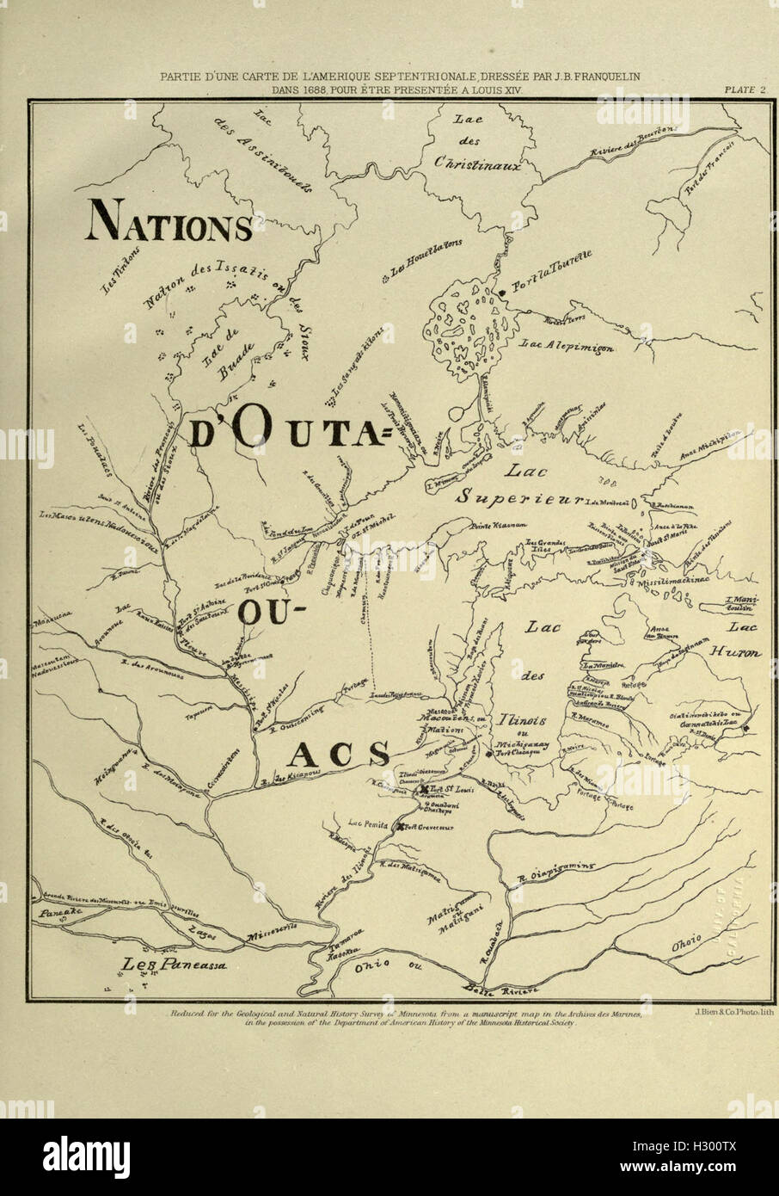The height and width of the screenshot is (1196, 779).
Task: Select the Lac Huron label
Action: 732,640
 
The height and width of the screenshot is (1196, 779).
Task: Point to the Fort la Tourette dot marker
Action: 502,293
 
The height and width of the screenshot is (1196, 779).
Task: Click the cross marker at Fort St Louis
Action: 423,789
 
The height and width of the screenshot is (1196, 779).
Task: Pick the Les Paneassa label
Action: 174,965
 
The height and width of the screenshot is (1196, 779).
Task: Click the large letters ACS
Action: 338,755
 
